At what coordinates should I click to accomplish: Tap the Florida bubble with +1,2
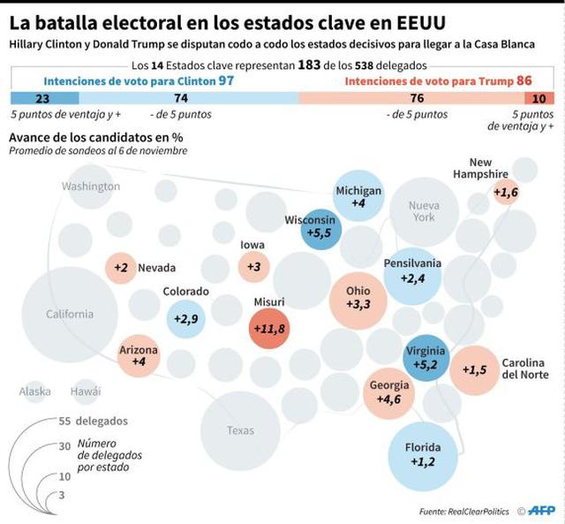pos(424,454)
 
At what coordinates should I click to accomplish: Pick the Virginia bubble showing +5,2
pos(425,357)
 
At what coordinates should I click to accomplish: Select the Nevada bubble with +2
pos(122,268)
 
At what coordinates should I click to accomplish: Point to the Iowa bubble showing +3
pos(253,266)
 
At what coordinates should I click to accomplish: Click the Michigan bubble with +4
pos(358,197)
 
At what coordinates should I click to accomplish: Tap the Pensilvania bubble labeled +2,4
pos(412,273)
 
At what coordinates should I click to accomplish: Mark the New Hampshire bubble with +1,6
pos(505,192)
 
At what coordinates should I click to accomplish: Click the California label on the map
pos(69,314)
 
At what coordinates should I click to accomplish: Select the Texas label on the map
pos(240,430)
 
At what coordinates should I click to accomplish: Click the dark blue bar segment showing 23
pos(41,98)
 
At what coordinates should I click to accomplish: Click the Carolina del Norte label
pos(524,368)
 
